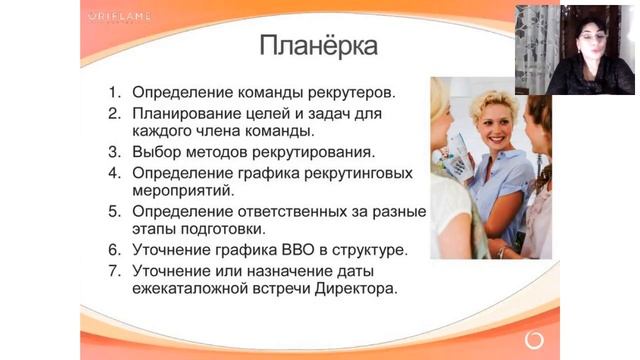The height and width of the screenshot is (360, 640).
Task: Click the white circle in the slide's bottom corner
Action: click(x=534, y=341)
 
